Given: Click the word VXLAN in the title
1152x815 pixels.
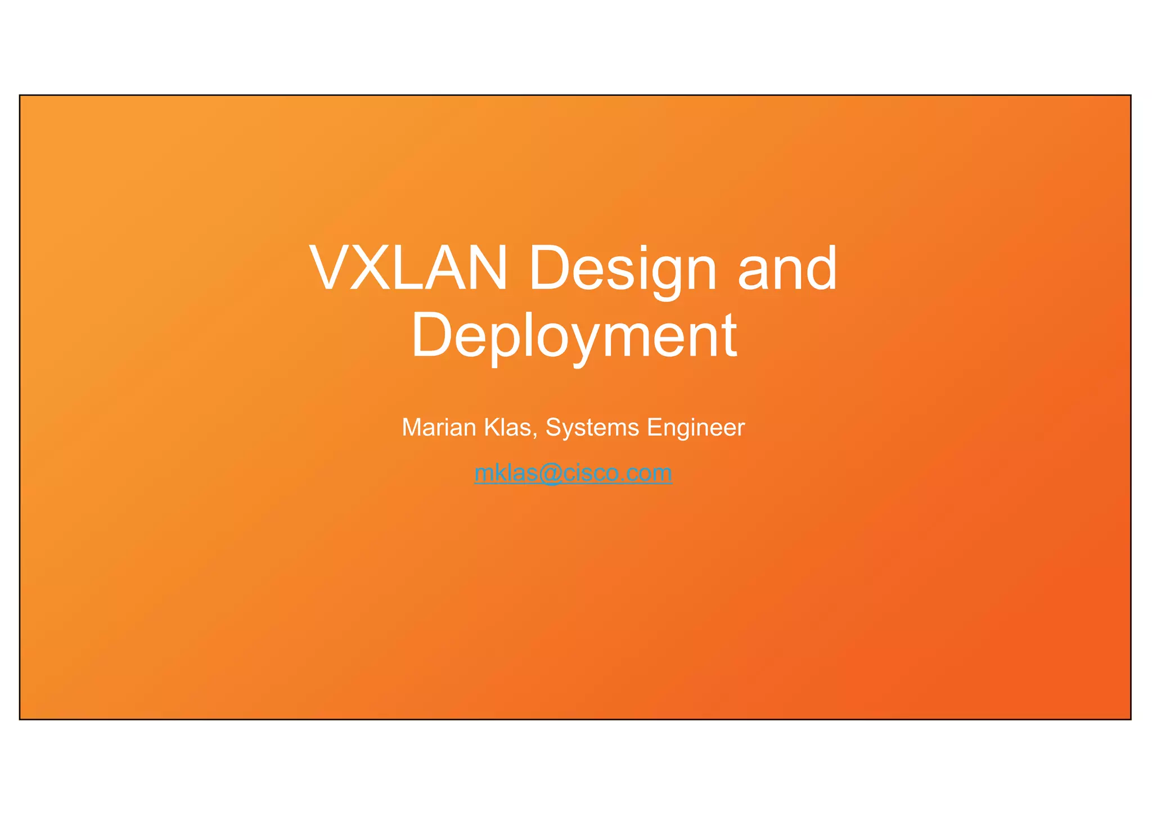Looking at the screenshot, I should (408, 268).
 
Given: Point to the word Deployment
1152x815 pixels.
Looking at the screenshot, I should (574, 335).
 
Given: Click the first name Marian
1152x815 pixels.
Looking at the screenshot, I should (439, 428).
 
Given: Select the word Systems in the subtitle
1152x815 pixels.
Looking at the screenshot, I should (592, 428).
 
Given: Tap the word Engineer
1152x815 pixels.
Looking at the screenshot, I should (696, 428).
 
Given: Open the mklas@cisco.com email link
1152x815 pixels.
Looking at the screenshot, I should (573, 473).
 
